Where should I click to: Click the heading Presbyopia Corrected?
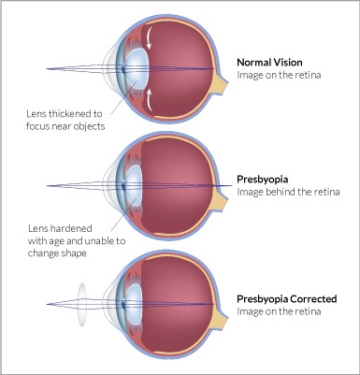point(287,299)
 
